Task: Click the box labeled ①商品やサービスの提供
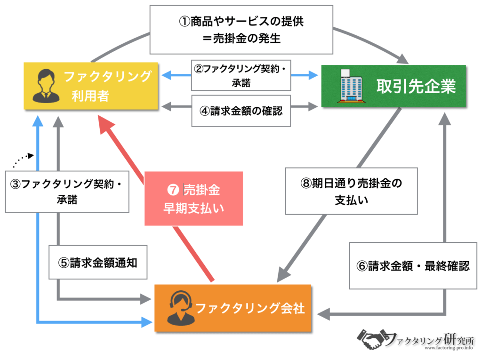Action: coord(241,30)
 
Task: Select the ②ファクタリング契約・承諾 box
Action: coord(241,75)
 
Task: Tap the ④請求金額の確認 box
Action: coord(241,111)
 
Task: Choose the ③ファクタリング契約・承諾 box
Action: coord(67,192)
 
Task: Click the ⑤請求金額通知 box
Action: coord(98,262)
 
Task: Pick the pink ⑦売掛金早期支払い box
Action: coord(193,199)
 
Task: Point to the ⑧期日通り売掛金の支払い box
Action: coord(351,191)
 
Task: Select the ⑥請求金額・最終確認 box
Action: coord(413,265)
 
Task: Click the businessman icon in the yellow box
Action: coord(46,86)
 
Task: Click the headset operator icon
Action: coord(181,308)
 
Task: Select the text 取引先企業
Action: coord(416,86)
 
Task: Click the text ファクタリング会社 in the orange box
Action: coord(250,308)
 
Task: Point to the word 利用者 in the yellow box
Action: coord(90,96)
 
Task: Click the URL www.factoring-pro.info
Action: coord(449,348)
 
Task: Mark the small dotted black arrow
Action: coord(23,160)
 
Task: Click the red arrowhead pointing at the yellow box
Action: coord(106,124)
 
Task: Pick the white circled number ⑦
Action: coord(173,190)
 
